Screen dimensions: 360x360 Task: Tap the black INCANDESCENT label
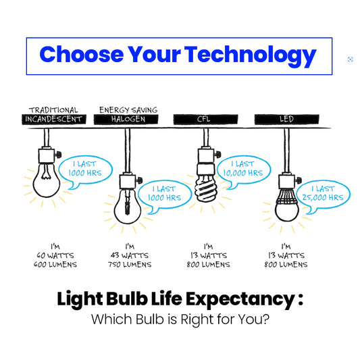[54, 120]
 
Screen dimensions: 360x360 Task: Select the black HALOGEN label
[126, 120]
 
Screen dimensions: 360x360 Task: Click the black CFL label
[205, 120]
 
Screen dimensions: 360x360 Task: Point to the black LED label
[287, 120]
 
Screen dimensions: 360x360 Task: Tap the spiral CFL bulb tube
[205, 188]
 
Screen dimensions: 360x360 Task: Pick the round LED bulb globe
[287, 211]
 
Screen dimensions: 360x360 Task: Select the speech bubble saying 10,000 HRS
[243, 170]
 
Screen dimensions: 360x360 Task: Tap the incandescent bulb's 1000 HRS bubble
[85, 170]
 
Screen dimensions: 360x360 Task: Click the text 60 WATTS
[55, 255]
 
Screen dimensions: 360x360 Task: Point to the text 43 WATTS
[130, 255]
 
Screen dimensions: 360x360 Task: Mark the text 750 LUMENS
[130, 265]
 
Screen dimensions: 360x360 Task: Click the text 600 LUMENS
[55, 265]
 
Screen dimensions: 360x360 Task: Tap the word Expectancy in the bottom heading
[240, 299]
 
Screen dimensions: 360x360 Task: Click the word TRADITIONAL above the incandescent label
[53, 110]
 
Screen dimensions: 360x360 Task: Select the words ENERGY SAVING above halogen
[128, 110]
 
